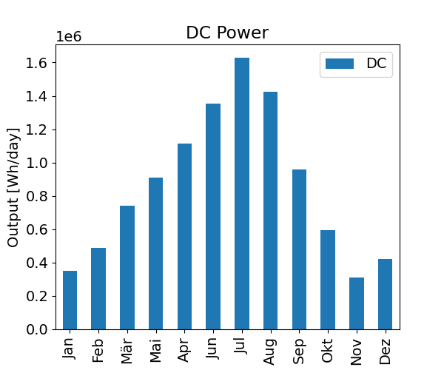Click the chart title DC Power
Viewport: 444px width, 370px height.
click(x=226, y=33)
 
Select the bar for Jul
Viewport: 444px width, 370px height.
click(x=242, y=193)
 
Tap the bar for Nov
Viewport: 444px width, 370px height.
click(x=357, y=303)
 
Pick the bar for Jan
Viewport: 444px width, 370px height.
click(x=70, y=300)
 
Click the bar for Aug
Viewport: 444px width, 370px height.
click(x=271, y=210)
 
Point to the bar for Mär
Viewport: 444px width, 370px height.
click(x=127, y=267)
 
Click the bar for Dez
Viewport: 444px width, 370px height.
click(x=386, y=294)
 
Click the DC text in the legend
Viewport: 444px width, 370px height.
click(x=376, y=64)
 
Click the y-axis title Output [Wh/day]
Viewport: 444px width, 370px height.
click(x=13, y=187)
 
